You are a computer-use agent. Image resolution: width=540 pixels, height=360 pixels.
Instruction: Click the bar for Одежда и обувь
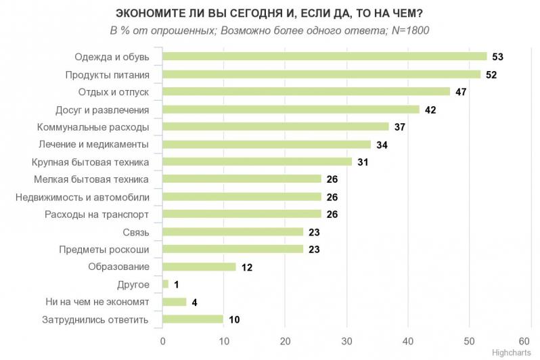pos(325,56)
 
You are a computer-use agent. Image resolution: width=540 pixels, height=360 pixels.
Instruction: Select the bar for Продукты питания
pos(321,74)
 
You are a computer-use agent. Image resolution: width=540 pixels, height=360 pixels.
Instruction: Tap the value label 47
pos(462,91)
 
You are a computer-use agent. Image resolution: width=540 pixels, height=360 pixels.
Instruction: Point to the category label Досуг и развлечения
pos(102,109)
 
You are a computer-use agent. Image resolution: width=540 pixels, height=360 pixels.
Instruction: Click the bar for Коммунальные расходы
pos(275,127)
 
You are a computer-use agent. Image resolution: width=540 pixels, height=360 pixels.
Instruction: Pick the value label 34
pos(382,144)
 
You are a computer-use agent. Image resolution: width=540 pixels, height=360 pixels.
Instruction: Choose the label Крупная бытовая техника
pos(90,162)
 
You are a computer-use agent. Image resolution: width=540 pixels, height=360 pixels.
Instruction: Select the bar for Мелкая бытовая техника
pos(242,179)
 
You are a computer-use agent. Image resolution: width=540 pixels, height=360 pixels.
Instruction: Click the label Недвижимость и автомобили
pos(82,197)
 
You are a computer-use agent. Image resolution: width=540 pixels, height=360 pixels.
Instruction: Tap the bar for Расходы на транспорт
pos(242,215)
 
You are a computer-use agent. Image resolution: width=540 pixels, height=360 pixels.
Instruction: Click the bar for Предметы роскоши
pos(233,249)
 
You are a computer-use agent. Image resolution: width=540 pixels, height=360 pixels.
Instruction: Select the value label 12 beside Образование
pos(246,267)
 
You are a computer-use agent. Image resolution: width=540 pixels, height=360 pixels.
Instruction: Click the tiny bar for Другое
pos(165,284)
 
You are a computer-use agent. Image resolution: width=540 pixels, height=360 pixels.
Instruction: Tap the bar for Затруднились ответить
pos(193,319)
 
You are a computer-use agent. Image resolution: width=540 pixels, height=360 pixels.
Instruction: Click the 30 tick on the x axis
pos(346,341)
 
